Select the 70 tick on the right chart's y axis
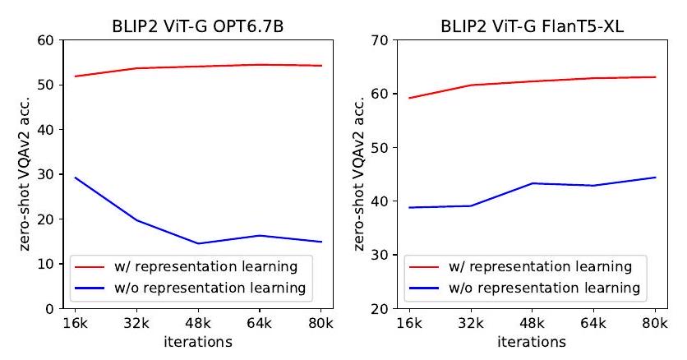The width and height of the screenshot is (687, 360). pos(380,39)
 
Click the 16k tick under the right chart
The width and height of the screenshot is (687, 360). pos(409,323)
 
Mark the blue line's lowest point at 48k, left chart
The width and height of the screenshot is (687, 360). pos(197,243)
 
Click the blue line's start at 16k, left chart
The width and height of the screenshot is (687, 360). pos(74,178)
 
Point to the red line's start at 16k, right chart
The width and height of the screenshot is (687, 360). pos(409,98)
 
